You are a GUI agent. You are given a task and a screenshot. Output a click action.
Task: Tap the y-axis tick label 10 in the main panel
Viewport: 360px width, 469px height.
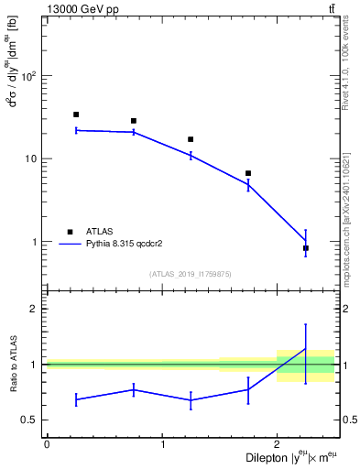tap(33, 158)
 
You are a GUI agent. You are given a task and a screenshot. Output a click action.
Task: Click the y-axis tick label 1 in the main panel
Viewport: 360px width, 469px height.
tap(37, 242)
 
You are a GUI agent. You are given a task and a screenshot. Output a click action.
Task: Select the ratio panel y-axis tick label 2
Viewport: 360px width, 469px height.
tap(37, 309)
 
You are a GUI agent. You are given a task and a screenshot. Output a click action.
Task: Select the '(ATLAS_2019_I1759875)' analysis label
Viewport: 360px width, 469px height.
tap(190, 274)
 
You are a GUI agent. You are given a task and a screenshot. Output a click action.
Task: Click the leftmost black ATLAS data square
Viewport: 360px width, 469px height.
tap(76, 115)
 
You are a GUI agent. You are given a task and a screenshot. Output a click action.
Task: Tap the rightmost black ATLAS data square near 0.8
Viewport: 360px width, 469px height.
tap(305, 248)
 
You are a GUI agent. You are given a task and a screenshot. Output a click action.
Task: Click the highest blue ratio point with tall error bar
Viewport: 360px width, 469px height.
tap(305, 348)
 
